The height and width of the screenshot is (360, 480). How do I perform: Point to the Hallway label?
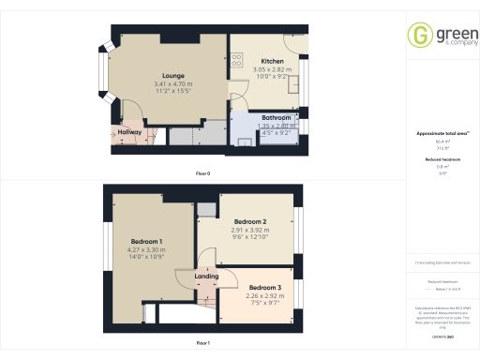pyautogui.click(x=129, y=133)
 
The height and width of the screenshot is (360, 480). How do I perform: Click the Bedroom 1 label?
pyautogui.click(x=147, y=243)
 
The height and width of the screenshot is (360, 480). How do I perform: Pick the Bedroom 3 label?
pyautogui.click(x=265, y=286)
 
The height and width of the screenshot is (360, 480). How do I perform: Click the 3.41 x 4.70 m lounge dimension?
pyautogui.click(x=172, y=86)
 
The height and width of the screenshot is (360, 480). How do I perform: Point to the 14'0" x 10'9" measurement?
pyautogui.click(x=147, y=257)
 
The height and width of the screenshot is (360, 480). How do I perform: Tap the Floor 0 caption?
pyautogui.click(x=202, y=174)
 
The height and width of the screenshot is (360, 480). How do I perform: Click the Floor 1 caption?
pyautogui.click(x=202, y=344)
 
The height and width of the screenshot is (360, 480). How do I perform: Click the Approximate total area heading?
pyautogui.click(x=442, y=134)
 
